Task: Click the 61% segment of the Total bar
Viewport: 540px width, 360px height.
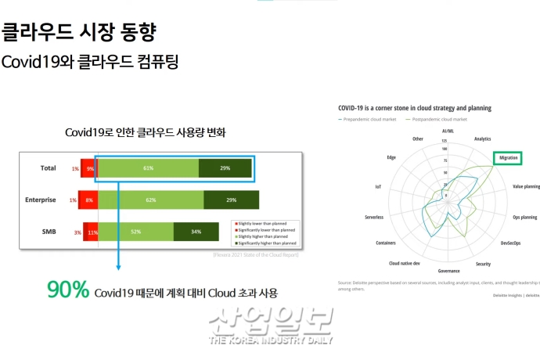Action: click(149, 168)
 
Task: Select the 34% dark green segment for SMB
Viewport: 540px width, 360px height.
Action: click(196, 232)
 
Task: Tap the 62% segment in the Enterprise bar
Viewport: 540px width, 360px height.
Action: click(151, 200)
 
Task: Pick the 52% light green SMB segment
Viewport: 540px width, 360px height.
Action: click(136, 232)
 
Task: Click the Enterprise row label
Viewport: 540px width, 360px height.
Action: click(40, 200)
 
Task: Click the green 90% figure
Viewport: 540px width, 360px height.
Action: click(67, 290)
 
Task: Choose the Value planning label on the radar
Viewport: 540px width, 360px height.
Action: click(525, 187)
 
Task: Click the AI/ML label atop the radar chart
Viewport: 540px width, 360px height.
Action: click(448, 131)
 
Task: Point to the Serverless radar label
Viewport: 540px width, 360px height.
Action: click(373, 217)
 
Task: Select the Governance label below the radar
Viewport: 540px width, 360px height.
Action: click(448, 271)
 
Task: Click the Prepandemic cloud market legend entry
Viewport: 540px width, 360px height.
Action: click(368, 119)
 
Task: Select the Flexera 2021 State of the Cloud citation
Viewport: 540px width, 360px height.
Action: click(255, 255)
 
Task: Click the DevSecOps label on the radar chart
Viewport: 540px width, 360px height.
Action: click(510, 243)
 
